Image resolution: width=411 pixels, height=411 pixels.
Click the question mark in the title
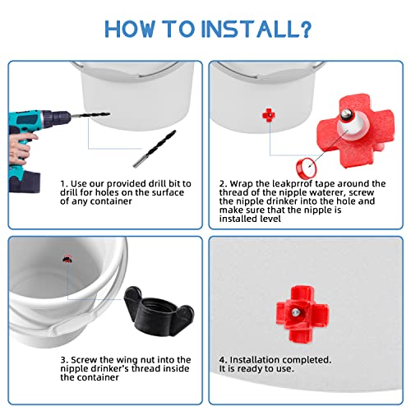click(304, 29)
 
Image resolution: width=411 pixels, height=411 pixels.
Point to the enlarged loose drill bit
click(155, 149)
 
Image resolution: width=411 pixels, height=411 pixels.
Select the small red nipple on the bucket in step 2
click(268, 115)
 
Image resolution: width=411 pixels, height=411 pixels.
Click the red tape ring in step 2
click(306, 168)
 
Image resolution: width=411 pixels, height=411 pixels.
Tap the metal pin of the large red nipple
click(344, 113)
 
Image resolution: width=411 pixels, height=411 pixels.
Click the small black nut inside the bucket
click(67, 259)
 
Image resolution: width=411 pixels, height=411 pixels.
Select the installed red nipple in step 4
click(302, 314)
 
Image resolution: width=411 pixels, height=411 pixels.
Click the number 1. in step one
click(64, 183)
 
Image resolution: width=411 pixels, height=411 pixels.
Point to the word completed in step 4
click(304, 360)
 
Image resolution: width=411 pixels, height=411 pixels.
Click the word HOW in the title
click(130, 29)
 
